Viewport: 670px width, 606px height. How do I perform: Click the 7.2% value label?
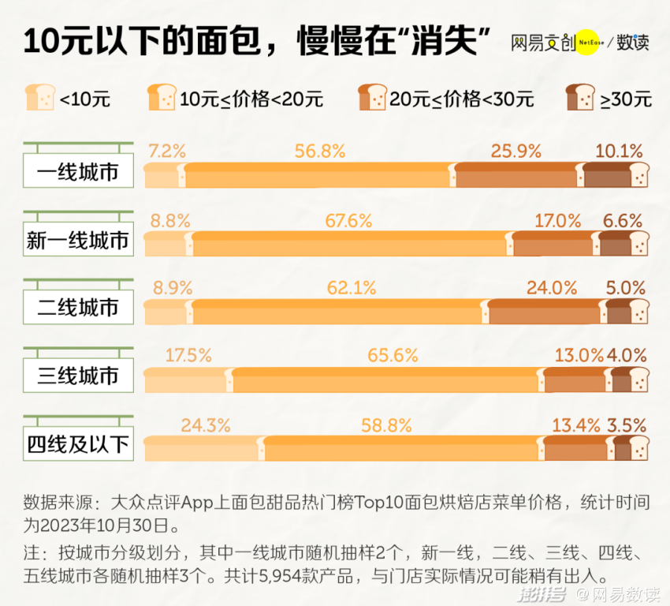[x=166, y=151]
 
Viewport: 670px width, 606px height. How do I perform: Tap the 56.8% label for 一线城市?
[x=319, y=151]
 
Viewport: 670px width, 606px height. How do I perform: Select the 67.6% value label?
[x=348, y=221]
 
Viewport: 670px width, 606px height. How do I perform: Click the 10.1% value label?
[x=619, y=151]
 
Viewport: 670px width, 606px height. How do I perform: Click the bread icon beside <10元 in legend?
[x=39, y=97]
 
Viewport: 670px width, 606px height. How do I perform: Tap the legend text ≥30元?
[x=626, y=99]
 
